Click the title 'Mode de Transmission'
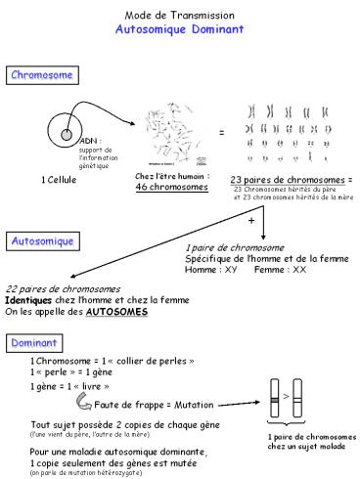coord(180,16)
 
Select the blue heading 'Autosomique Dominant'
coord(180,30)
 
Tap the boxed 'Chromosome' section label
coord(41,75)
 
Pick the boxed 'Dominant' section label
coord(36,343)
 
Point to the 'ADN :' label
coord(89,141)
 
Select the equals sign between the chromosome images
coord(221,131)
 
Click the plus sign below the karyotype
coord(251,222)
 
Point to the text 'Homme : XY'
coord(211,268)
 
